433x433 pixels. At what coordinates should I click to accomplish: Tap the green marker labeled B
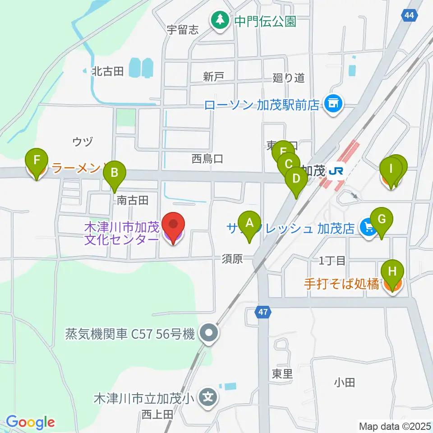pyautogui.click(x=114, y=173)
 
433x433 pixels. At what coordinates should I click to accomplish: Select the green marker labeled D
pyautogui.click(x=296, y=179)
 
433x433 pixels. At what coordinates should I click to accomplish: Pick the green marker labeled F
pyautogui.click(x=37, y=160)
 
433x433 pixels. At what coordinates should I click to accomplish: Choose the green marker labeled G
pyautogui.click(x=382, y=220)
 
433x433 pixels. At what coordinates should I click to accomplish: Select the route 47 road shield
pyautogui.click(x=264, y=312)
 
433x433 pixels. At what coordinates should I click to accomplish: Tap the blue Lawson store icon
pyautogui.click(x=334, y=105)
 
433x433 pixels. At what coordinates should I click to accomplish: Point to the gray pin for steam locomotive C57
pyautogui.click(x=208, y=334)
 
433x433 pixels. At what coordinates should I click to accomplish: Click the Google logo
pyautogui.click(x=30, y=422)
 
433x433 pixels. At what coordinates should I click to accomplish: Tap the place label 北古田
pyautogui.click(x=108, y=71)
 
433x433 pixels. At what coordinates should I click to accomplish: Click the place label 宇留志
pyautogui.click(x=183, y=30)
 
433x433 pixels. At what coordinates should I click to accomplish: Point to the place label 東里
pyautogui.click(x=282, y=373)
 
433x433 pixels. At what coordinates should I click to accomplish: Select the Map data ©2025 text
pyautogui.click(x=394, y=426)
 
